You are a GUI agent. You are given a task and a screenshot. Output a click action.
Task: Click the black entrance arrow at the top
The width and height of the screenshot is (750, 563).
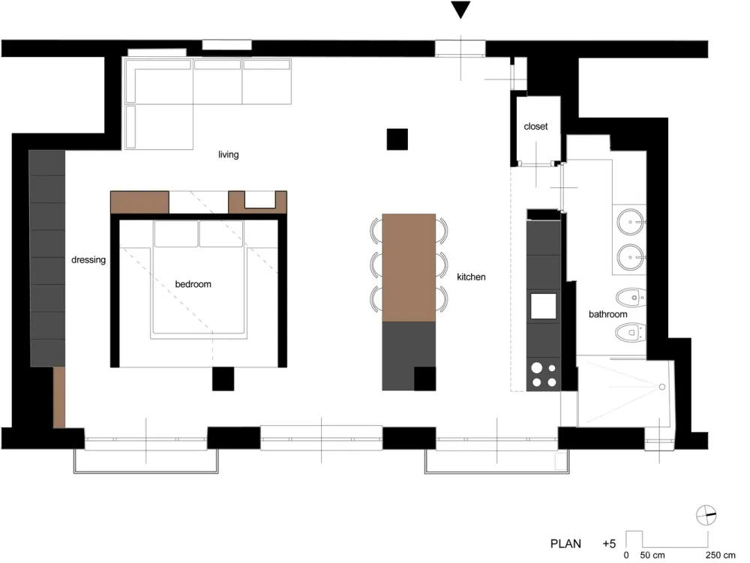coord(460,10)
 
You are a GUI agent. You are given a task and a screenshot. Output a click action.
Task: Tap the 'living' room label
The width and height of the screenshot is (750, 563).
coord(229,155)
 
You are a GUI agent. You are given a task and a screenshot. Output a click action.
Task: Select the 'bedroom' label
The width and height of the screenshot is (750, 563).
coord(193,285)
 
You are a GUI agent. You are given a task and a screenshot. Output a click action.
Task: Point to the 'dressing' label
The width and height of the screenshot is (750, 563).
coord(88,260)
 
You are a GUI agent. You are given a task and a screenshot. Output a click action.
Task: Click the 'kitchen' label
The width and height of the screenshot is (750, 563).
coord(472,277)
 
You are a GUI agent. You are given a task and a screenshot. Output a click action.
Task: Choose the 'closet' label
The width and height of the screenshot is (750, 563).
coord(535,127)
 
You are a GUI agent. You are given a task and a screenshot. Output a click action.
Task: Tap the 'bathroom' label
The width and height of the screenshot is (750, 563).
coord(607,315)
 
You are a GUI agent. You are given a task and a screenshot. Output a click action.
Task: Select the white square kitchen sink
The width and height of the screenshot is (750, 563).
coord(544,306)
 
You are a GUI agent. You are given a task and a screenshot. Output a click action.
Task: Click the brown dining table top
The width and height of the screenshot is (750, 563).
coord(409,268)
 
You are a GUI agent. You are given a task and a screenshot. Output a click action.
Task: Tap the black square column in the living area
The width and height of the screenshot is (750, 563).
coord(397,139)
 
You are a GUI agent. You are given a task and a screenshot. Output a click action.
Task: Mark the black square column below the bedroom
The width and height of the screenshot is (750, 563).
coord(223,379)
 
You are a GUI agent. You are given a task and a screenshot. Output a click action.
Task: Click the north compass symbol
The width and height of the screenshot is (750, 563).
coord(706,516)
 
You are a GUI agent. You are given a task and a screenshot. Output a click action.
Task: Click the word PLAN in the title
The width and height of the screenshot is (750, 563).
coord(566,544)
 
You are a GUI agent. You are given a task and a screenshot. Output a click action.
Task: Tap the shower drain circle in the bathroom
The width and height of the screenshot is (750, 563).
coord(662,387)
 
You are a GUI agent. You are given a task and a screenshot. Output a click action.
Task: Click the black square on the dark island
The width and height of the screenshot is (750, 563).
coord(425,379)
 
